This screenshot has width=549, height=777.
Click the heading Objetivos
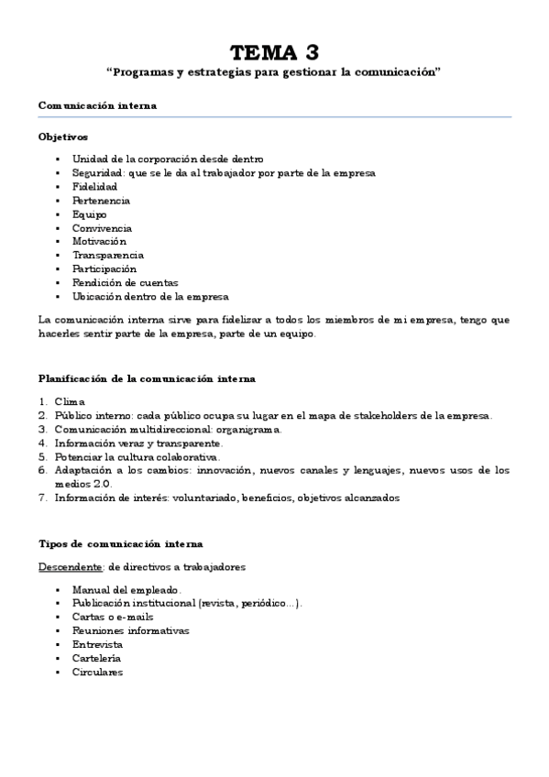[x=63, y=137]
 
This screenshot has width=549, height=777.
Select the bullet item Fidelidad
[x=95, y=186]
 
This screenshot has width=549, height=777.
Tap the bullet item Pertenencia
[x=101, y=200]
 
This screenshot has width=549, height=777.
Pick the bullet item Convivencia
[x=102, y=227]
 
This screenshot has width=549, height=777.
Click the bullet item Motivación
[x=99, y=241]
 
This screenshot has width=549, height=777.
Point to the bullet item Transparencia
[x=108, y=255]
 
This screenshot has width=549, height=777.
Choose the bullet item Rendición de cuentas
[x=126, y=282]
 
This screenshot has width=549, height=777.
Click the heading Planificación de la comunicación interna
[x=147, y=378]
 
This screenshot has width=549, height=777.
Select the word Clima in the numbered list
[x=70, y=401]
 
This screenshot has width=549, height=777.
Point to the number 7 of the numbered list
[x=42, y=498]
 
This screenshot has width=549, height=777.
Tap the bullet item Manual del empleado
[x=126, y=590]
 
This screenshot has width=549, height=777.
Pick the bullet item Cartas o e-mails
[x=113, y=617]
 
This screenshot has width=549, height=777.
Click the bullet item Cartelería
[x=96, y=658]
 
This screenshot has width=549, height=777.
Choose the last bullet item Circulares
[x=97, y=672]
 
